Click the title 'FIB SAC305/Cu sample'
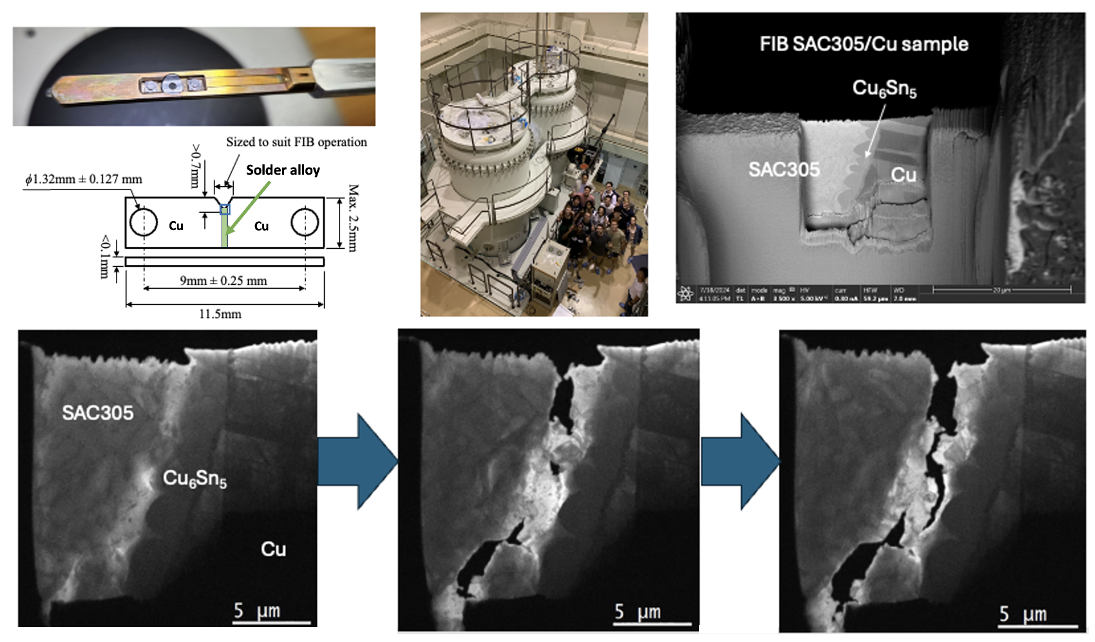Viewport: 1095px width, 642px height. [x=864, y=44]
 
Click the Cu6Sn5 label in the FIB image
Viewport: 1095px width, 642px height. [x=884, y=88]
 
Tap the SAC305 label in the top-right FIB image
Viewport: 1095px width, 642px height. [x=784, y=170]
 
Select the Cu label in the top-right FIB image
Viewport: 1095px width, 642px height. [x=903, y=175]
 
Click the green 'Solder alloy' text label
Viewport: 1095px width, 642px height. [x=283, y=170]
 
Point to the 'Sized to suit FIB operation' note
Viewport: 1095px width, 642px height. [x=296, y=142]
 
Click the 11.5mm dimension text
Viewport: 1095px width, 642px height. [x=220, y=314]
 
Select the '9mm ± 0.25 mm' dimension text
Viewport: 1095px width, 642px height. [x=223, y=280]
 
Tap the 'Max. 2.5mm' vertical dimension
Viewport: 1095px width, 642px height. [x=353, y=218]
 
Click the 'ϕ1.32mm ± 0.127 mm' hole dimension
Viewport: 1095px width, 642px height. [x=84, y=179]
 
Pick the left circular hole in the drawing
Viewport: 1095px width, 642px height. [x=144, y=222]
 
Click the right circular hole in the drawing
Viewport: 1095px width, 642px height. [x=305, y=222]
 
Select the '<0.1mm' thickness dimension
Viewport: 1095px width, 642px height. [x=104, y=257]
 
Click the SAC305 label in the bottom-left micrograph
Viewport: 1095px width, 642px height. [x=98, y=413]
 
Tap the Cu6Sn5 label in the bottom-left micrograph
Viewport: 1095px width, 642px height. [x=195, y=478]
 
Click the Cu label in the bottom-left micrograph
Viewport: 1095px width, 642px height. [x=273, y=549]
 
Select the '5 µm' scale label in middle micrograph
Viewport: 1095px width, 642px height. [x=637, y=612]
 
